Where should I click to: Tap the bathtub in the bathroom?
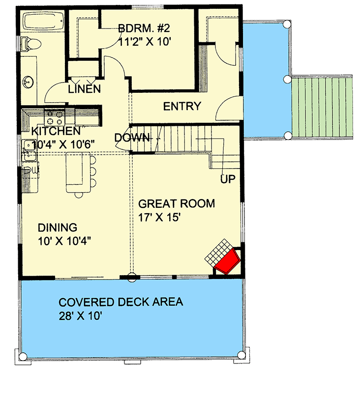pos(42,22)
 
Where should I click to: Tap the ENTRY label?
pos(182,106)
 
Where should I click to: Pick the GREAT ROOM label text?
pos(176,203)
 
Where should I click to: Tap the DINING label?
pos(58,227)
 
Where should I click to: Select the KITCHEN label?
pos(56,131)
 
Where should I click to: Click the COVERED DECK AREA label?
pos(120,302)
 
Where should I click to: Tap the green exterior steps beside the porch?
pos(322,107)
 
